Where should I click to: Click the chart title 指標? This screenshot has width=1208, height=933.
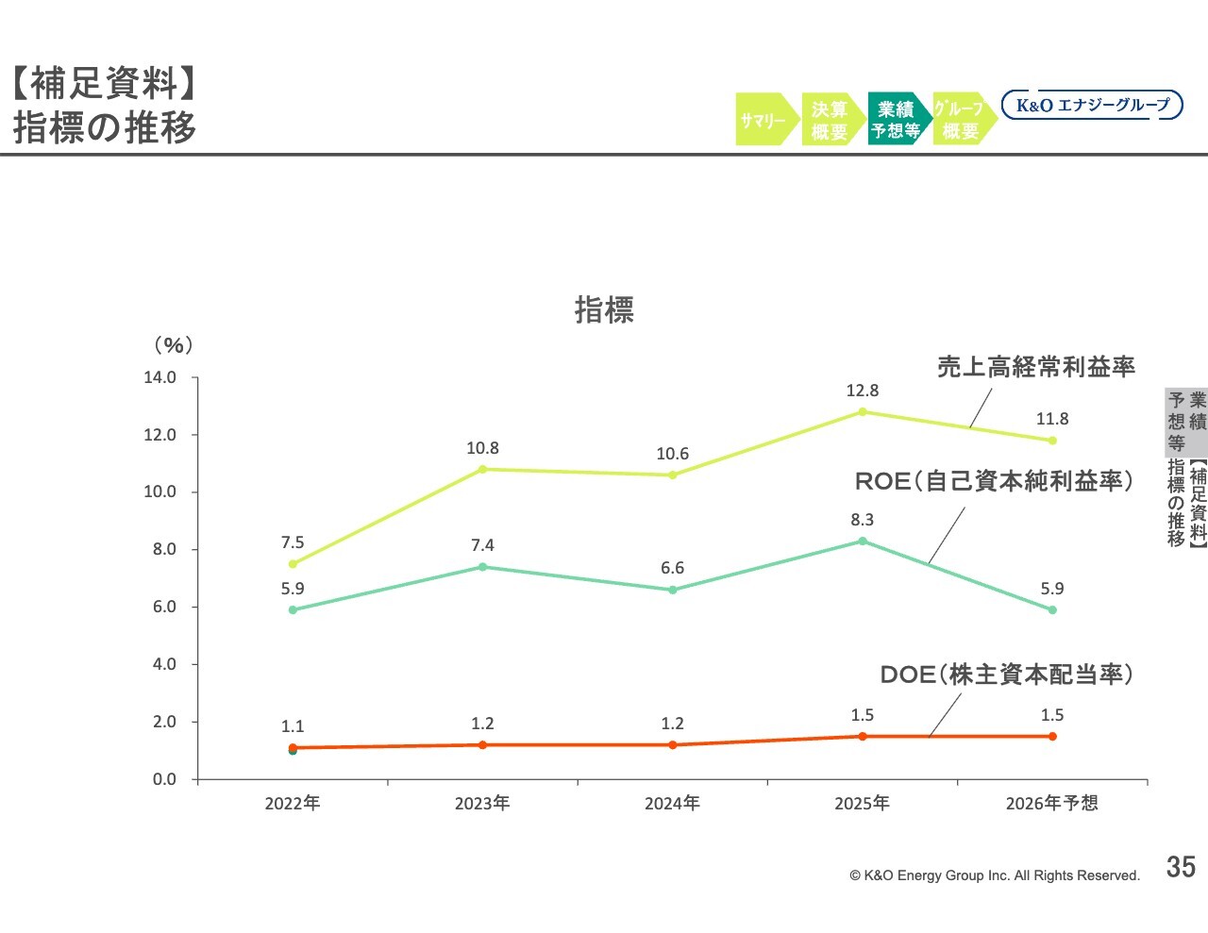(x=604, y=309)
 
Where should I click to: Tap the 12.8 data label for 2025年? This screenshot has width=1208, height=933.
(x=862, y=391)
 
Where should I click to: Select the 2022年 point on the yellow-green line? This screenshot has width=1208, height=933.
(x=293, y=564)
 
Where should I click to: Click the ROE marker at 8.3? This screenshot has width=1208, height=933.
(x=863, y=541)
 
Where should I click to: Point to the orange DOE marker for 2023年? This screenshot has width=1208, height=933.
(x=482, y=745)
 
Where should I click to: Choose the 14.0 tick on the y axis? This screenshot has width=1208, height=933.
(x=159, y=377)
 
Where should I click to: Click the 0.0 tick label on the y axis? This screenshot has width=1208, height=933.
(x=164, y=779)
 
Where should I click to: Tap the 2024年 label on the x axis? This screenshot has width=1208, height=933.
(x=672, y=804)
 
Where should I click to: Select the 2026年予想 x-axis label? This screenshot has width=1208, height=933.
(x=1051, y=804)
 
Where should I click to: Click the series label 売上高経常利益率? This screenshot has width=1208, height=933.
(x=1035, y=367)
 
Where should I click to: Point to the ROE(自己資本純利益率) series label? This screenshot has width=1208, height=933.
(x=993, y=481)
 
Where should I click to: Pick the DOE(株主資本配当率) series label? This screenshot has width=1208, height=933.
(x=1006, y=675)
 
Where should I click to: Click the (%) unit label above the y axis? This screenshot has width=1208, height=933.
(x=173, y=345)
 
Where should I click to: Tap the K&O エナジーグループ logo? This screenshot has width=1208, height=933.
(x=1092, y=105)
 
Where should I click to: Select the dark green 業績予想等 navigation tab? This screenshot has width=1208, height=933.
(x=896, y=120)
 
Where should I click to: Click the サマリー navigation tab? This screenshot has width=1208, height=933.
(x=763, y=120)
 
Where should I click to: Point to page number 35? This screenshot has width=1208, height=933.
(x=1181, y=867)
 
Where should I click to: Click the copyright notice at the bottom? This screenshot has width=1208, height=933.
(x=995, y=875)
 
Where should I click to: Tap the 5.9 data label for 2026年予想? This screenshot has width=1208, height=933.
(x=1051, y=589)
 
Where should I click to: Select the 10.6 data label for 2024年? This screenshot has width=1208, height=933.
(x=672, y=454)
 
